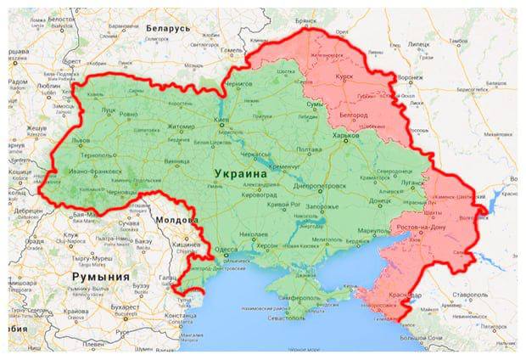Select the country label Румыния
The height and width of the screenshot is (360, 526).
click(100, 278)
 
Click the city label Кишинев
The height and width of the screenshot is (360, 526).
click(191, 243)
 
